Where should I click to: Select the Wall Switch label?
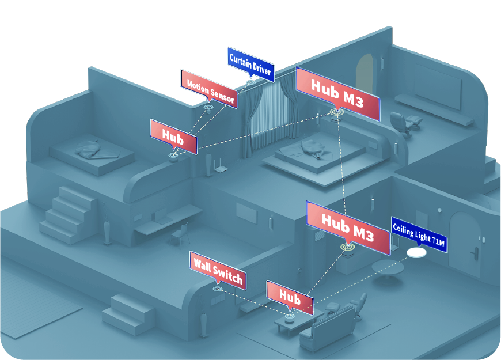point(217,271)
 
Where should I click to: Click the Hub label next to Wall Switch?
point(290,298)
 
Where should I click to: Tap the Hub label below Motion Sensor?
point(173,137)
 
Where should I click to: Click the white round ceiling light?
point(416,253)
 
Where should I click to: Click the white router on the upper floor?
point(218,168)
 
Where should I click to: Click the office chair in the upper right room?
point(400,123)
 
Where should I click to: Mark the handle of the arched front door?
point(476,252)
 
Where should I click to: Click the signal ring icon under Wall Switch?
point(217,288)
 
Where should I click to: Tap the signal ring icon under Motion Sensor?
point(208,106)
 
